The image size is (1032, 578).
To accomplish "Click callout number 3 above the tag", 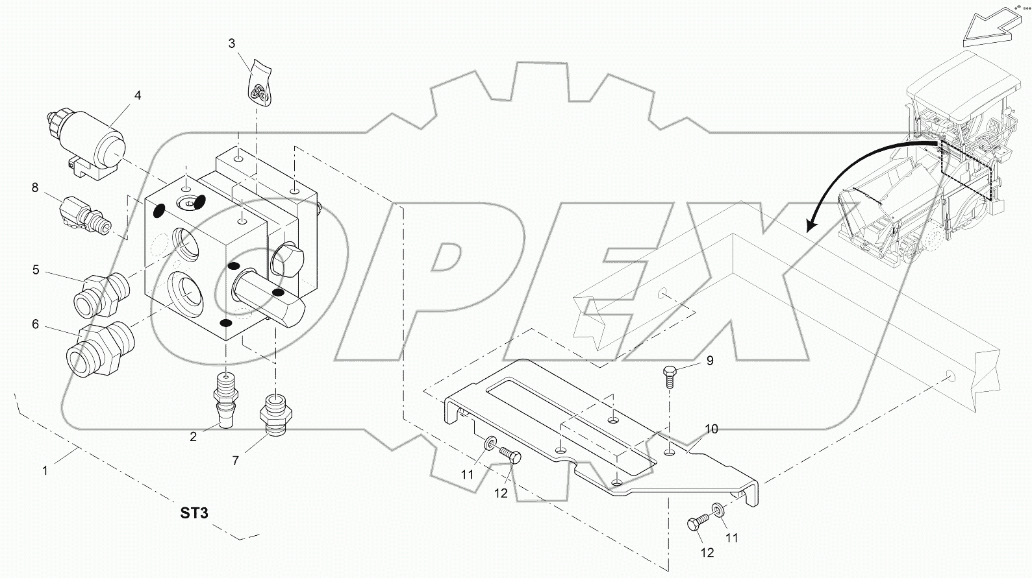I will click(232, 43).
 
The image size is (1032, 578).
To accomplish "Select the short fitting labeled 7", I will click(275, 415).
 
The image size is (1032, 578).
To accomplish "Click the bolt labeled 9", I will click(670, 374).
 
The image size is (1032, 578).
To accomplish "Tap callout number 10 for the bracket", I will click(711, 429).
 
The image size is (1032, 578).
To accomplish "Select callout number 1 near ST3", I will click(45, 471).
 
